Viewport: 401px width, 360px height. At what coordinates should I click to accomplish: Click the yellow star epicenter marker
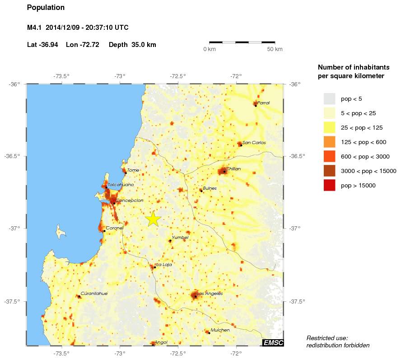pyautogui.click(x=153, y=219)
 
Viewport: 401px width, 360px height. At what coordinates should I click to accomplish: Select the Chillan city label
pyautogui.click(x=233, y=168)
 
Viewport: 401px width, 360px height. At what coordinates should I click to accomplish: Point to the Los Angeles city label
pyautogui.click(x=210, y=294)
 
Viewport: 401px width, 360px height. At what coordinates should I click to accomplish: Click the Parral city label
pyautogui.click(x=263, y=103)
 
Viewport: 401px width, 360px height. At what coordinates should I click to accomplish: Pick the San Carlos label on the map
pyautogui.click(x=254, y=143)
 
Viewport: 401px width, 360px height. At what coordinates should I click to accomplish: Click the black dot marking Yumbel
pyautogui.click(x=170, y=241)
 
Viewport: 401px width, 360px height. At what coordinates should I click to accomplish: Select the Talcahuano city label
pyautogui.click(x=121, y=185)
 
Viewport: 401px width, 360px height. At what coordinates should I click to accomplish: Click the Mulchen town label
pyautogui.click(x=220, y=330)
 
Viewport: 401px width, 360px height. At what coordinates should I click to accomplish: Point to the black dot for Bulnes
pyautogui.click(x=201, y=191)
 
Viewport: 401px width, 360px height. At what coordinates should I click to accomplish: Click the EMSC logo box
pyautogui.click(x=273, y=343)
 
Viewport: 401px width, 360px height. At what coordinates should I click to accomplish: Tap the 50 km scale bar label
pyautogui.click(x=275, y=49)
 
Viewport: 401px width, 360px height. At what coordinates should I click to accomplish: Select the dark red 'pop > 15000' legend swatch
pyautogui.click(x=329, y=185)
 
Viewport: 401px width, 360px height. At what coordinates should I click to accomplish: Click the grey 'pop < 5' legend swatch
pyautogui.click(x=329, y=98)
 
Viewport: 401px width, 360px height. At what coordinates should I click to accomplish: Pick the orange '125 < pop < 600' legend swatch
pyautogui.click(x=329, y=142)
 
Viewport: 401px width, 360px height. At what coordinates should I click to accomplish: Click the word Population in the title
pyautogui.click(x=46, y=8)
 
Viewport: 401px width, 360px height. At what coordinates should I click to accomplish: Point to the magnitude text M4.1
pyautogui.click(x=34, y=28)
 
